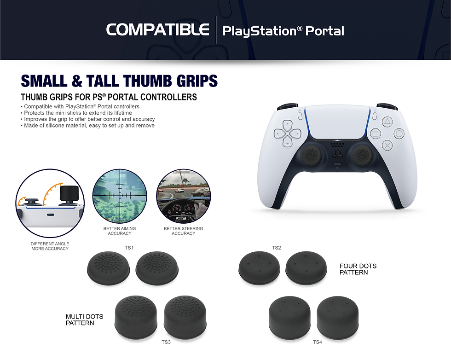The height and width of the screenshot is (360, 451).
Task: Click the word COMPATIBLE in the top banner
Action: pos(157,30)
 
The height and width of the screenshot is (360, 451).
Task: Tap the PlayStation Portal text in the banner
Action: pos(283,31)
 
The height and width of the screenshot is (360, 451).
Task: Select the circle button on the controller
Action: pos(399,134)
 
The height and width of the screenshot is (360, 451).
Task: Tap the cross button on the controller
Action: pos(387,146)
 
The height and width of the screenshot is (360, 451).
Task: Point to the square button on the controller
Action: pos(375,134)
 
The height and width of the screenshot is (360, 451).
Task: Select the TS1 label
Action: pos(129,248)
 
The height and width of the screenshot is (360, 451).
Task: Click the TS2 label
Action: pos(276,248)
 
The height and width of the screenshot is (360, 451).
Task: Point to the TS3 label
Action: pos(166,342)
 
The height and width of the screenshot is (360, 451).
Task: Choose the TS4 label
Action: pos(318,342)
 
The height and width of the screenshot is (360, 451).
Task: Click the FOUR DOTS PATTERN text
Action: pos(358,269)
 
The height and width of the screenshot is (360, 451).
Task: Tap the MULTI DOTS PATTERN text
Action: pos(84,319)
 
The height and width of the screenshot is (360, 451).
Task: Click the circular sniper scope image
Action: pos(120,197)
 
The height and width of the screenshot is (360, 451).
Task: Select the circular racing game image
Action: pos(183,197)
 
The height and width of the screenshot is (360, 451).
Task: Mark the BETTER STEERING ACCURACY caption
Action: pos(183,231)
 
